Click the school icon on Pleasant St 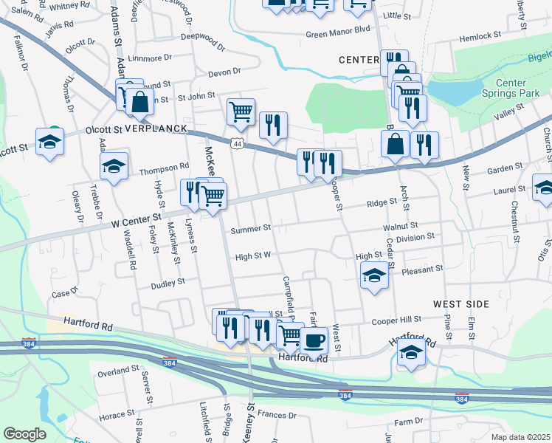[375, 276]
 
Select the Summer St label [251, 230]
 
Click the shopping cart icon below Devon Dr [241, 111]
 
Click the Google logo [24, 434]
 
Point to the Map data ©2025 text [520, 437]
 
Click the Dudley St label [168, 284]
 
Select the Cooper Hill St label [396, 320]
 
